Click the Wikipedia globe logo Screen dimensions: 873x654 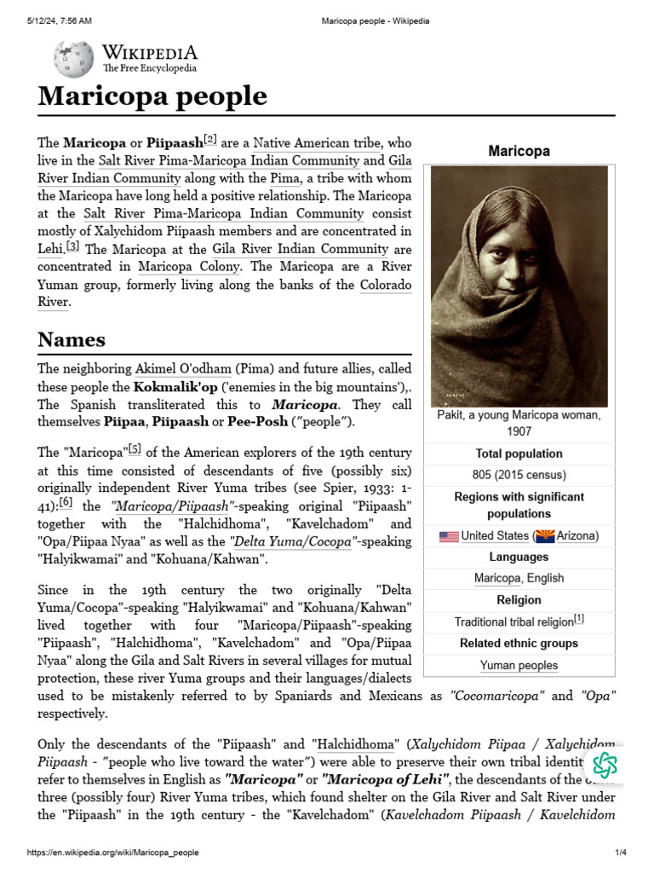click(x=73, y=60)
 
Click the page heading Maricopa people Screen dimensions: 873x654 click(x=152, y=96)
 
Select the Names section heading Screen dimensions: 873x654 click(x=72, y=339)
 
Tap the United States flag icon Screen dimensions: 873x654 click(x=449, y=536)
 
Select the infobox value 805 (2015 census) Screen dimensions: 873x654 click(x=519, y=475)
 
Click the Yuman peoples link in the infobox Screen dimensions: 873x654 click(x=519, y=665)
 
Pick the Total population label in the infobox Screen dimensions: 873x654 click(x=519, y=454)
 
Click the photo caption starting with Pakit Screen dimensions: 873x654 click(x=519, y=423)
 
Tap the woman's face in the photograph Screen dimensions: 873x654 click(x=508, y=256)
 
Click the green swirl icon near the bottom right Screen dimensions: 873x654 click(x=605, y=765)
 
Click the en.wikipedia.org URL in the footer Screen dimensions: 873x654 click(x=113, y=853)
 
